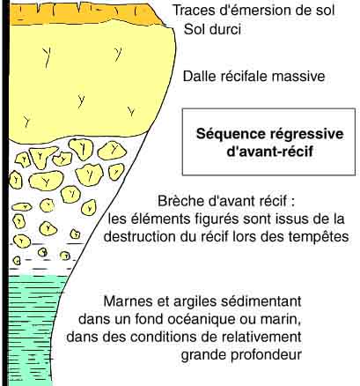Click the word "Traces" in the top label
click(194, 11)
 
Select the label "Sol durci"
click(212, 30)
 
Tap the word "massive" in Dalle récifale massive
click(298, 77)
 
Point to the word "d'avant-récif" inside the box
click(269, 152)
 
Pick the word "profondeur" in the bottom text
click(266, 354)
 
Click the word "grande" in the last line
click(203, 354)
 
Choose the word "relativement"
click(261, 337)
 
